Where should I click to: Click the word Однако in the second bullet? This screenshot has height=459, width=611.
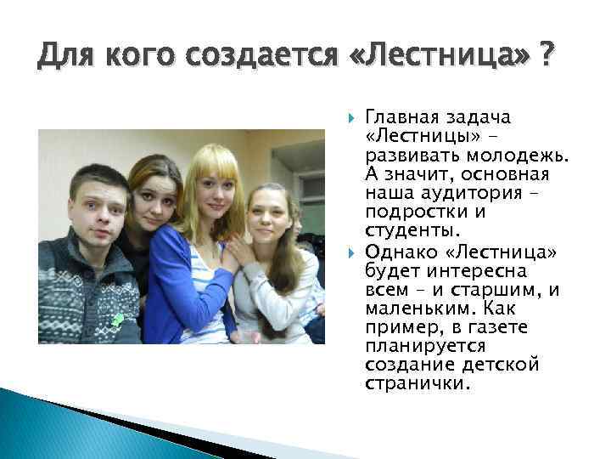395,254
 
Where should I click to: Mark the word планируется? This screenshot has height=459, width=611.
413,347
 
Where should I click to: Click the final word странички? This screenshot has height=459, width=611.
415,384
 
